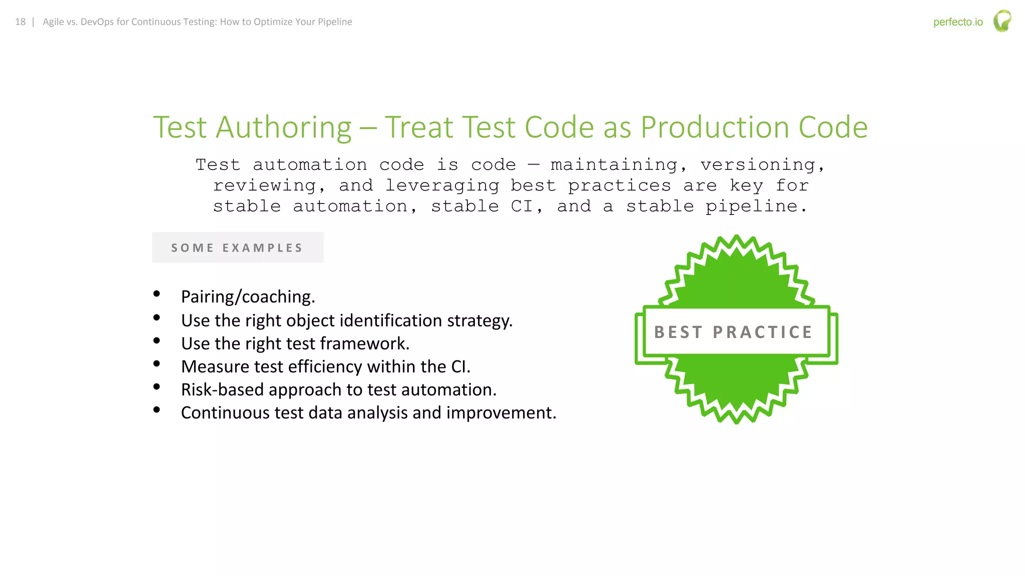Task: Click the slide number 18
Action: (20, 22)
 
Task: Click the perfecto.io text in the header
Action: (957, 22)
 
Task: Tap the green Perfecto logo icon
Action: (1002, 21)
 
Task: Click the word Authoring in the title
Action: (284, 127)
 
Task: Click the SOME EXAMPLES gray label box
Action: (238, 247)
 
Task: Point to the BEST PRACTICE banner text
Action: (733, 332)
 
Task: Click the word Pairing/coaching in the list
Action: (248, 297)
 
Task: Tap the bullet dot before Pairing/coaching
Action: (157, 294)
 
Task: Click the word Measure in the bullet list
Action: (215, 366)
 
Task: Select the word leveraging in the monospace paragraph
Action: (442, 185)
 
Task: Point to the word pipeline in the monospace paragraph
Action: (755, 206)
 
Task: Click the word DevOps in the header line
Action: (97, 22)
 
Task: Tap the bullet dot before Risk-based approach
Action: (157, 386)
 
